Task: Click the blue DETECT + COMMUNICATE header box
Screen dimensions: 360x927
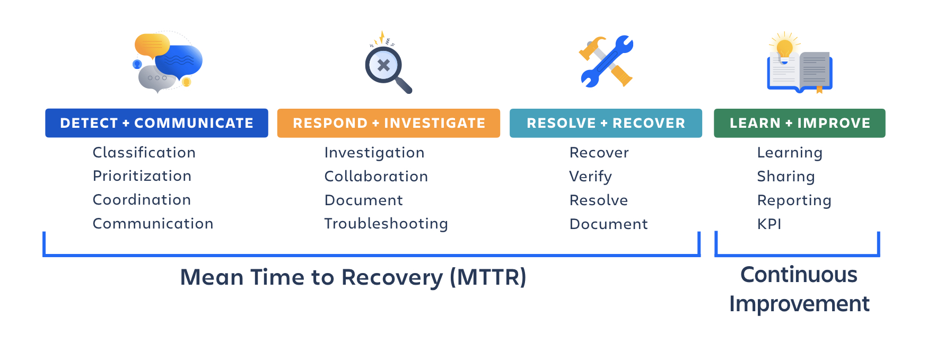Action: tap(156, 123)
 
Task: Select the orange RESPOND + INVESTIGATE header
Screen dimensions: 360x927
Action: tap(388, 123)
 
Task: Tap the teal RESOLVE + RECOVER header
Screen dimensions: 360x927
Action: tap(606, 123)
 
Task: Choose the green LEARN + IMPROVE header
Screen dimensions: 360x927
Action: tap(799, 123)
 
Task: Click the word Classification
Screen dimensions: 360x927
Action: tap(144, 153)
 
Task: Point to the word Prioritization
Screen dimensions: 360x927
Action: tap(142, 176)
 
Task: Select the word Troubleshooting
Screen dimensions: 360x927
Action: tap(386, 224)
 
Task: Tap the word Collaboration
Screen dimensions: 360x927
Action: tap(376, 177)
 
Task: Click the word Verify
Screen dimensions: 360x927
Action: tap(590, 177)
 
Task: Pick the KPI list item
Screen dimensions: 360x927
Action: tap(769, 224)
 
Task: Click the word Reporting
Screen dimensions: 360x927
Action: tap(794, 200)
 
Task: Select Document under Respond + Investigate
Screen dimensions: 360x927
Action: tap(364, 200)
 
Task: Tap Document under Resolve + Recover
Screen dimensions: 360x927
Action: tap(608, 224)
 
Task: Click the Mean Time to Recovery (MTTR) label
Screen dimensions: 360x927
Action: tap(353, 277)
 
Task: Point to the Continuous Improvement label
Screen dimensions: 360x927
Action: tap(799, 289)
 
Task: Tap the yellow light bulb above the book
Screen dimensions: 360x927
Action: tap(784, 49)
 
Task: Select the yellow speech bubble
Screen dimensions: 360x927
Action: tap(152, 45)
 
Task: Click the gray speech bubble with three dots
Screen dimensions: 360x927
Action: tap(156, 78)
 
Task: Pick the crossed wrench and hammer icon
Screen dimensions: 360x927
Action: tap(606, 61)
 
